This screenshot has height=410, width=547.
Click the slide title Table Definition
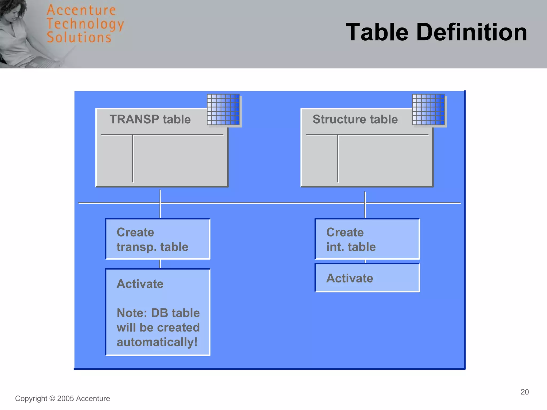pyautogui.click(x=436, y=32)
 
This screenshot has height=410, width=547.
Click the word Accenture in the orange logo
pyautogui.click(x=81, y=10)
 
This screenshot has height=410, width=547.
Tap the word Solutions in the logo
pyautogui.click(x=79, y=37)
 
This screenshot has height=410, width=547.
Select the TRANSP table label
pyautogui.click(x=150, y=119)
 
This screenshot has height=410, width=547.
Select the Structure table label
pyautogui.click(x=355, y=119)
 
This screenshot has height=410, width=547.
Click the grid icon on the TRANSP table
pyautogui.click(x=223, y=109)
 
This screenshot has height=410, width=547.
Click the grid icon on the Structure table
pyautogui.click(x=428, y=109)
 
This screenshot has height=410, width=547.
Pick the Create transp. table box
pyautogui.click(x=158, y=239)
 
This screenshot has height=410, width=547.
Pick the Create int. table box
pyautogui.click(x=367, y=239)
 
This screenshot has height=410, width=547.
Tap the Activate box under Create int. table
pyautogui.click(x=367, y=278)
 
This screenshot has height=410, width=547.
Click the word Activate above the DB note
pyautogui.click(x=140, y=284)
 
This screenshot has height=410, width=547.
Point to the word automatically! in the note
pyautogui.click(x=157, y=342)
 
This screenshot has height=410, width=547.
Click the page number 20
pyautogui.click(x=525, y=392)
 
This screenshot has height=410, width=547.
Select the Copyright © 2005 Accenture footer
pyautogui.click(x=62, y=399)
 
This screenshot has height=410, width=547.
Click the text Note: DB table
pyautogui.click(x=158, y=313)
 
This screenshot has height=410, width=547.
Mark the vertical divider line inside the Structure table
pyautogui.click(x=338, y=159)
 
